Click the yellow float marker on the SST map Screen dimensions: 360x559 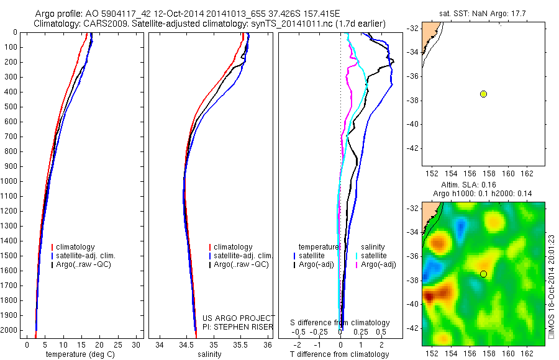click(483, 94)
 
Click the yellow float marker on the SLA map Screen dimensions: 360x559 click(483, 274)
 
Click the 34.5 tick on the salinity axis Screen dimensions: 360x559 click(186, 344)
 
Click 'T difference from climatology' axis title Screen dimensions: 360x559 click(339, 354)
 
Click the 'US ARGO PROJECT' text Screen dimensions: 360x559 click(238, 318)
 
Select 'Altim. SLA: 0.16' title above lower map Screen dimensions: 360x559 click(475, 185)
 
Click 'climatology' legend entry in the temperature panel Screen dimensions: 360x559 click(78, 247)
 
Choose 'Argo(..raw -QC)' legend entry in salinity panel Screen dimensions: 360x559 click(241, 264)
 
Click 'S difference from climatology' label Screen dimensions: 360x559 click(340, 323)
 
